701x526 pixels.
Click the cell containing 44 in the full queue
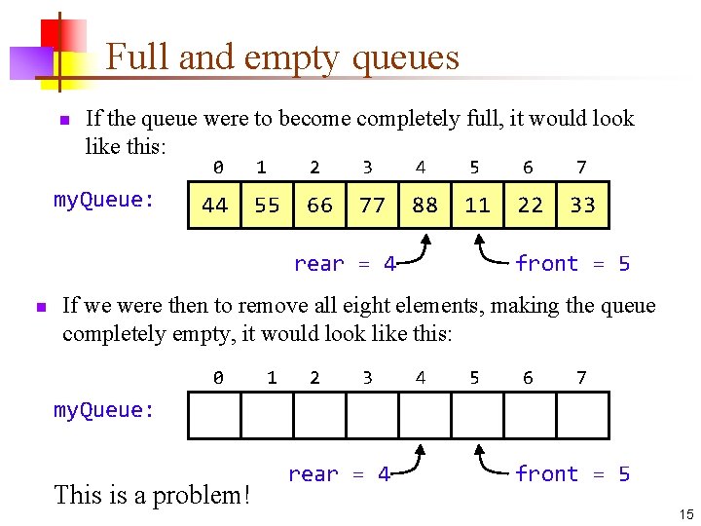(214, 205)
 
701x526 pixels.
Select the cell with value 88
(425, 205)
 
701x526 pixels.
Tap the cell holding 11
(478, 205)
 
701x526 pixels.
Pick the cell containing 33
(582, 205)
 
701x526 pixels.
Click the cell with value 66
(319, 205)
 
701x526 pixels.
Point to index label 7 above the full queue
(581, 168)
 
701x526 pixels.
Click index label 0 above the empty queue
(218, 377)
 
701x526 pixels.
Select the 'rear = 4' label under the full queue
(345, 264)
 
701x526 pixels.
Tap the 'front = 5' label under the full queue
(572, 264)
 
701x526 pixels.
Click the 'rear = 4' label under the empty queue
(339, 474)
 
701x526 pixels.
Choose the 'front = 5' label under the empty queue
(572, 474)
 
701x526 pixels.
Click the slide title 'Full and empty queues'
(282, 57)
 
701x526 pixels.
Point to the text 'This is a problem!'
(153, 495)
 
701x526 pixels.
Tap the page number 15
(684, 513)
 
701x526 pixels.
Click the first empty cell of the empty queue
(214, 415)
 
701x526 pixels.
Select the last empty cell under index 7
(582, 415)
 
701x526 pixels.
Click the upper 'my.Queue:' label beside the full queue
(104, 200)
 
